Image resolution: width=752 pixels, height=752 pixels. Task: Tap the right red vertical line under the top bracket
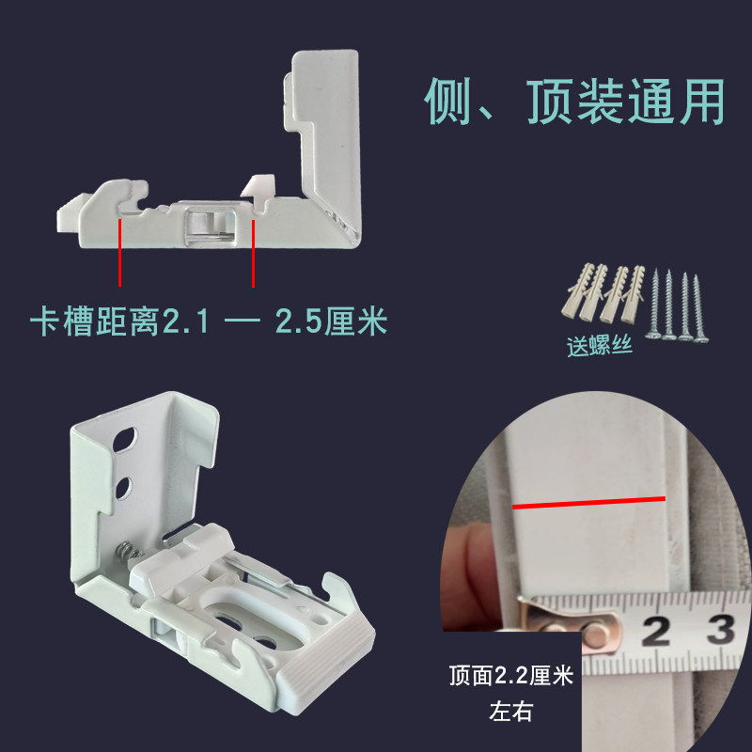click(x=253, y=254)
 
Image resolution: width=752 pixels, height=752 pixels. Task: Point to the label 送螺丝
click(x=599, y=345)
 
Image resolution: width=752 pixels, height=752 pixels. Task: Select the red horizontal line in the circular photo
click(x=589, y=503)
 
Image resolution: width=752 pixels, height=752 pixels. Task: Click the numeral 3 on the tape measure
click(x=722, y=627)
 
